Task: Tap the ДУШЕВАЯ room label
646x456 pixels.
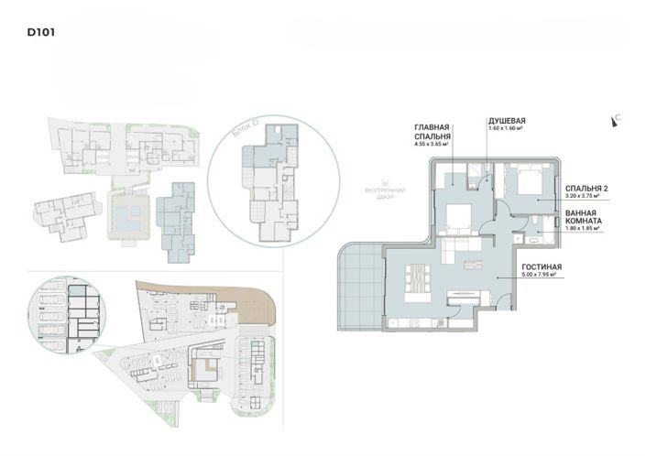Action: click(506, 120)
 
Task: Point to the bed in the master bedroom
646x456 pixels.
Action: click(455, 218)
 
